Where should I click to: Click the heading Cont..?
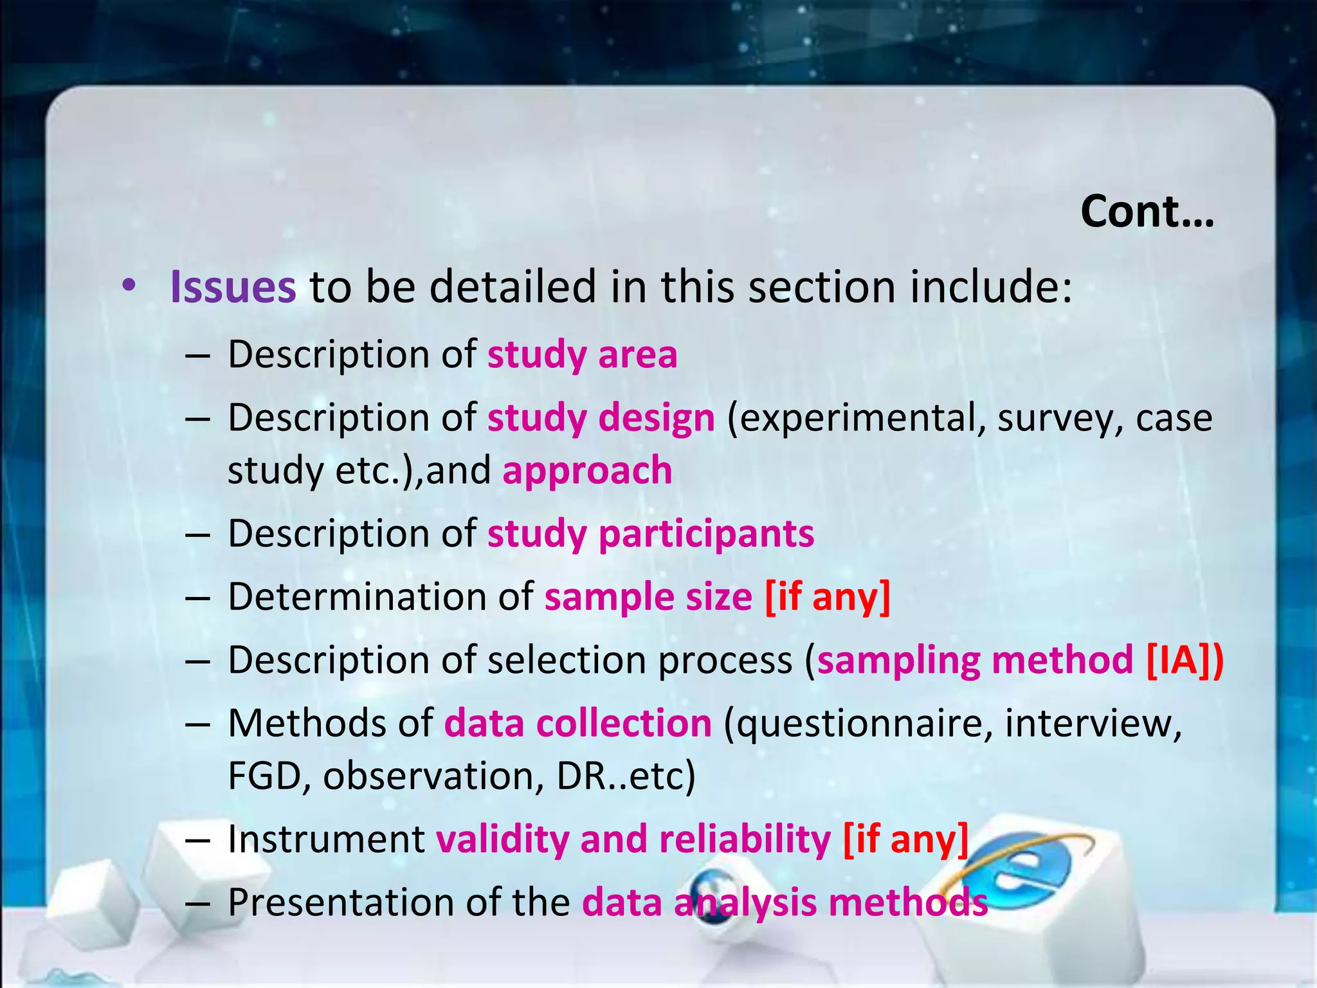coord(1147,212)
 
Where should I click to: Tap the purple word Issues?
coord(233,287)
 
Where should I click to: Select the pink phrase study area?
coord(582,354)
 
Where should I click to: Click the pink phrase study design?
coord(601,418)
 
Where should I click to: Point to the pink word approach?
coord(587,470)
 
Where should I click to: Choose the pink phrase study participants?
coord(650,534)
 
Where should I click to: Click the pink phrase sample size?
coord(648,597)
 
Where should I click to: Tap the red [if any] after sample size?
coord(827,597)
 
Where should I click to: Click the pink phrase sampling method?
coord(974,660)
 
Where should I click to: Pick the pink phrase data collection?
coord(577,724)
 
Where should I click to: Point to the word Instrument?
coord(326,839)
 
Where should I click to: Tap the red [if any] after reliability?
coord(905,839)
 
